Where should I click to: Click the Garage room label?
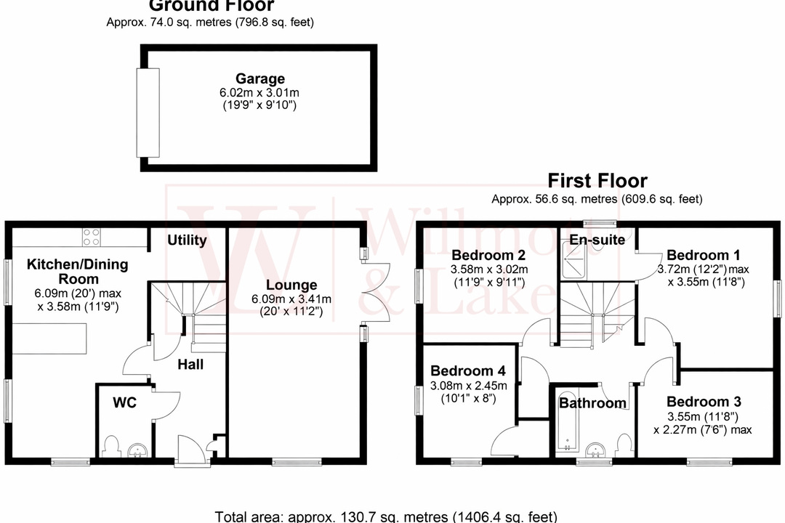pos(259,78)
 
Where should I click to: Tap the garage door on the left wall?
pos(148,113)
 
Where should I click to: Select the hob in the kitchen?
pos(92,238)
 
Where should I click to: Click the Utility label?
pos(187,240)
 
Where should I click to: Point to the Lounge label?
pos(291,285)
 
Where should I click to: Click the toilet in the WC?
pos(111,444)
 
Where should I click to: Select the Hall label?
pos(190,364)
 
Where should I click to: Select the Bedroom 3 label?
pos(698,402)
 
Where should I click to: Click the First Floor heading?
pos(597,180)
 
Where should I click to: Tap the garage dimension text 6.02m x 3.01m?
pos(260,93)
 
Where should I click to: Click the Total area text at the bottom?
pos(386,516)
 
